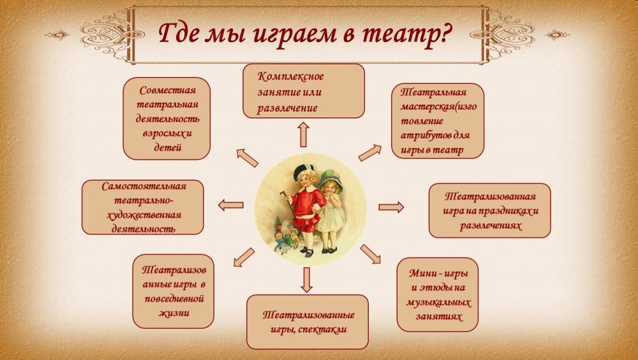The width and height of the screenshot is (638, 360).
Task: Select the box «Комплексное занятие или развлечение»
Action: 304,91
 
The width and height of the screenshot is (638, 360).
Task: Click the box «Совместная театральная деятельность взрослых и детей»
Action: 167,119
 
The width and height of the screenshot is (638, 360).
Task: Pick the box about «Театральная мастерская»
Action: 438,121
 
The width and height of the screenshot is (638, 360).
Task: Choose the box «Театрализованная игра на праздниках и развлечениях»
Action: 490,211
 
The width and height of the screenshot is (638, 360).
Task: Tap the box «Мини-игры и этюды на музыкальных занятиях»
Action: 438,294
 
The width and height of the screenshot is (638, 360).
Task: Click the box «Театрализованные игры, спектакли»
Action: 308,322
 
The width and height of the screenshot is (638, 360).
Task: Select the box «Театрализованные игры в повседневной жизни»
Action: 174,291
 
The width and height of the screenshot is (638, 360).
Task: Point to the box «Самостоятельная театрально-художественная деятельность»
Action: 143,207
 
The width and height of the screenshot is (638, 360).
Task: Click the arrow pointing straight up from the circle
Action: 303,135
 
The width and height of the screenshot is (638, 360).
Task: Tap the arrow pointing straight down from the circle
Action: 306,280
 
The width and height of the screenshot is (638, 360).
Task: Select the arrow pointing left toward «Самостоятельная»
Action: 231,206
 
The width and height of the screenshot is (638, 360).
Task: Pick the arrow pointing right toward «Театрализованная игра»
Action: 391,207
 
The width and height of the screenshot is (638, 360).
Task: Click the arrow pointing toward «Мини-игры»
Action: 370,254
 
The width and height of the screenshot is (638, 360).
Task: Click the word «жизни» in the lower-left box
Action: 174,313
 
